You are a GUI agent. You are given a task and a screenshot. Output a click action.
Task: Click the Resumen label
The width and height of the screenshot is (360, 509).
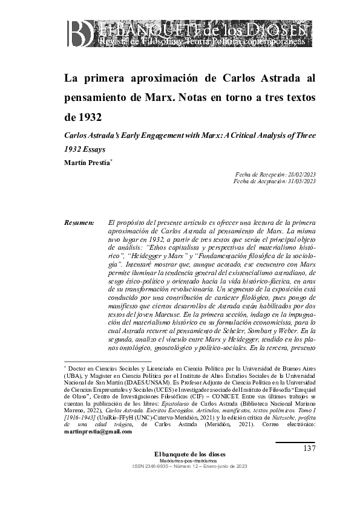tap(79, 223)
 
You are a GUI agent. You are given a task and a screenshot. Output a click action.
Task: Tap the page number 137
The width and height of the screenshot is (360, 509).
tap(308, 448)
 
